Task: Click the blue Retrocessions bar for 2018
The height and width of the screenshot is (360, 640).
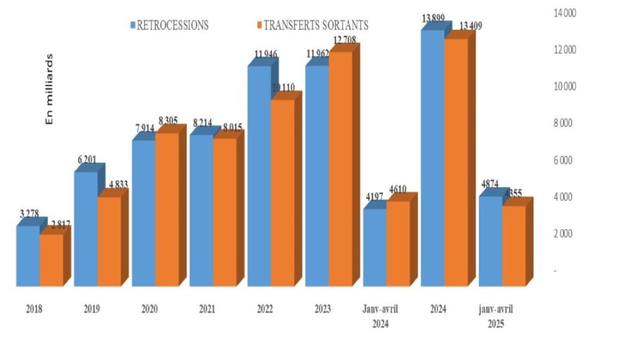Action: pos(28,256)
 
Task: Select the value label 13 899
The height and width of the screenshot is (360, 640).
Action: pos(433,19)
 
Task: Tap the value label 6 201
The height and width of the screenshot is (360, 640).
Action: pos(86,161)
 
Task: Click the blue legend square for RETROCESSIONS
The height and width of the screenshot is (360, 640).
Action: pos(132,25)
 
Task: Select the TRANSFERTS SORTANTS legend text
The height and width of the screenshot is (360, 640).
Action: pos(316,25)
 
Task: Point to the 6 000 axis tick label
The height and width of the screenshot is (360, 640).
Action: pos(564,160)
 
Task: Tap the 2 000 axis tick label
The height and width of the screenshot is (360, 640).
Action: pos(564,234)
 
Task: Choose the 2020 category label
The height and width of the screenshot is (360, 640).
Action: pos(150,309)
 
